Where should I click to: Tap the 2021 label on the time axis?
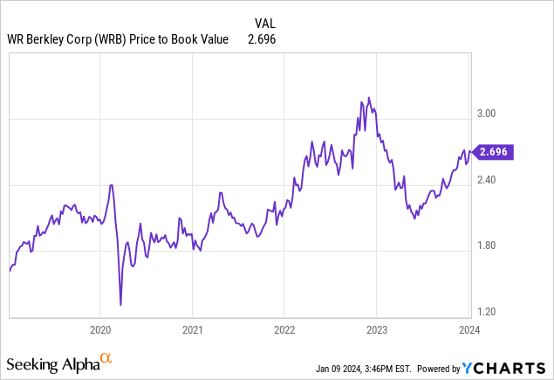click(192, 329)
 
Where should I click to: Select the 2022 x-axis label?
click(284, 329)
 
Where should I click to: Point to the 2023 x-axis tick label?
click(376, 329)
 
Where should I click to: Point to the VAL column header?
click(265, 22)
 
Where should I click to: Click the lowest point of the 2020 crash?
click(120, 304)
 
